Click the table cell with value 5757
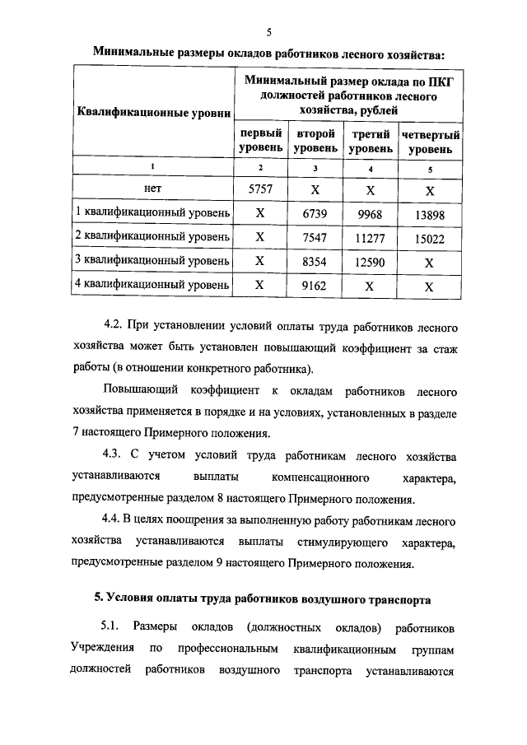[x=259, y=189]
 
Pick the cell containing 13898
[x=429, y=213]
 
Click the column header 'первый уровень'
[x=260, y=141]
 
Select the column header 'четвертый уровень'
[x=429, y=142]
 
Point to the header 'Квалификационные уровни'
[x=153, y=111]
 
